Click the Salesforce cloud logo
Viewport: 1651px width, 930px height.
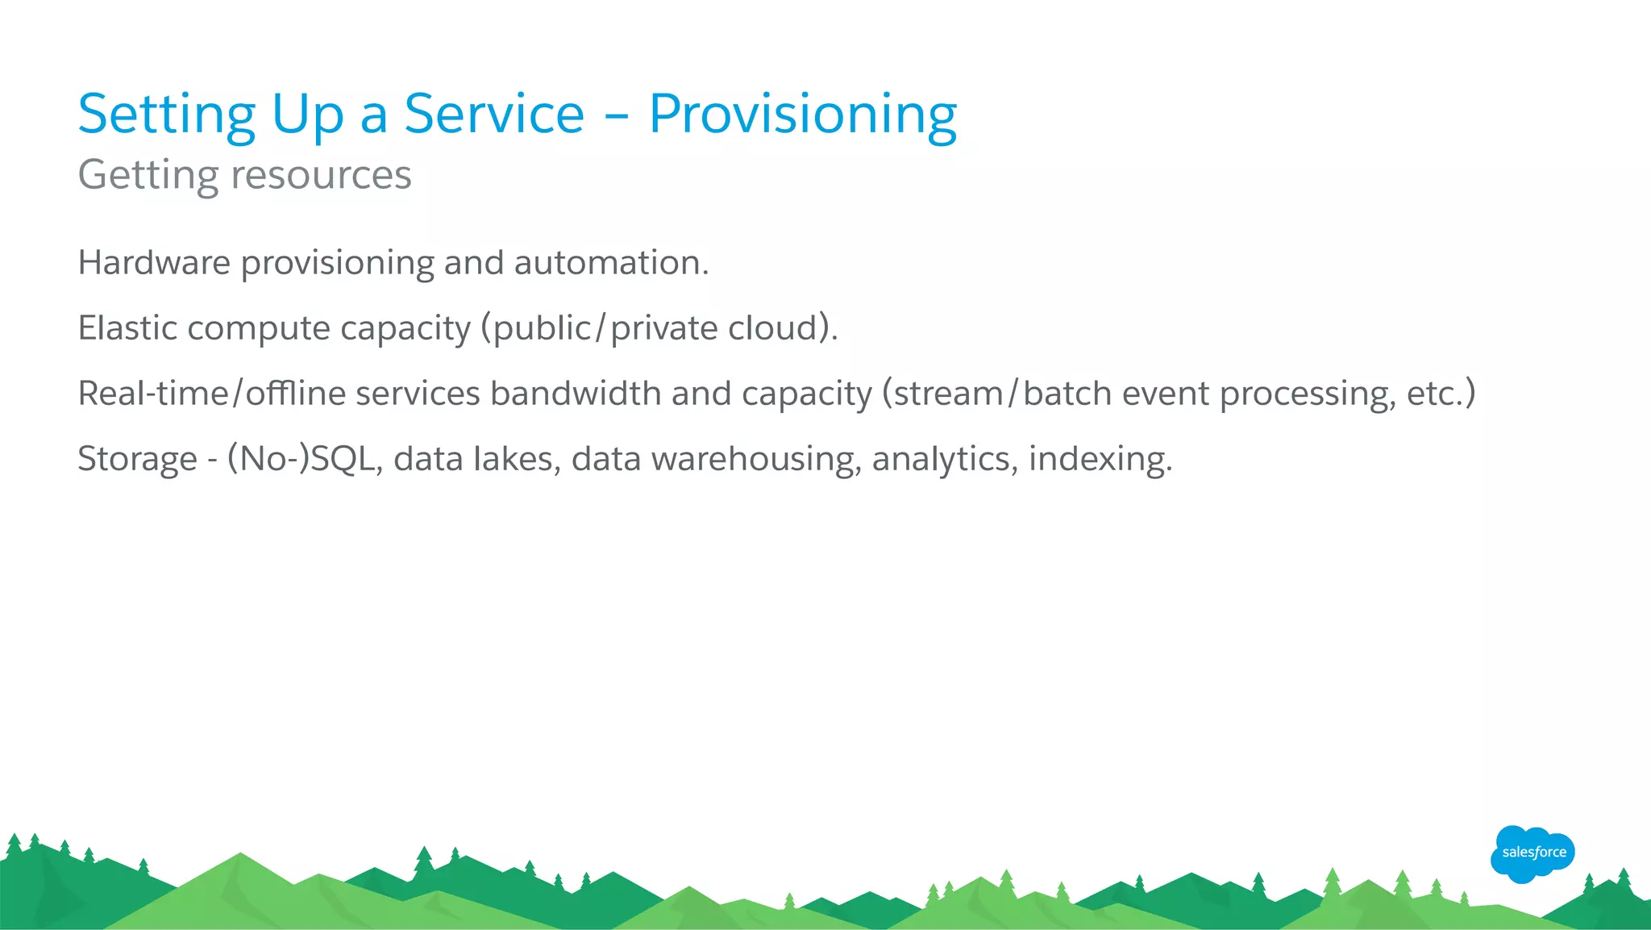pos(1532,853)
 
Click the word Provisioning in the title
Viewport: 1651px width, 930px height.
pos(803,115)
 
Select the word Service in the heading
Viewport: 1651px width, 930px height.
pos(493,114)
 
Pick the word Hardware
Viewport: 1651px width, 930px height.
pos(154,263)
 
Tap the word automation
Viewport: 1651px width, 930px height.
pos(611,263)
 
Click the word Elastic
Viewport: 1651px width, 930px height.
pos(127,328)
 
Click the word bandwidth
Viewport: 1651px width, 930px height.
pos(576,394)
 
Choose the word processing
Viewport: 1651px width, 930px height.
pos(1307,394)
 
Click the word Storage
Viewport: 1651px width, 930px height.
pos(137,459)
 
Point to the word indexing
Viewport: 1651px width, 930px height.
pos(1100,459)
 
